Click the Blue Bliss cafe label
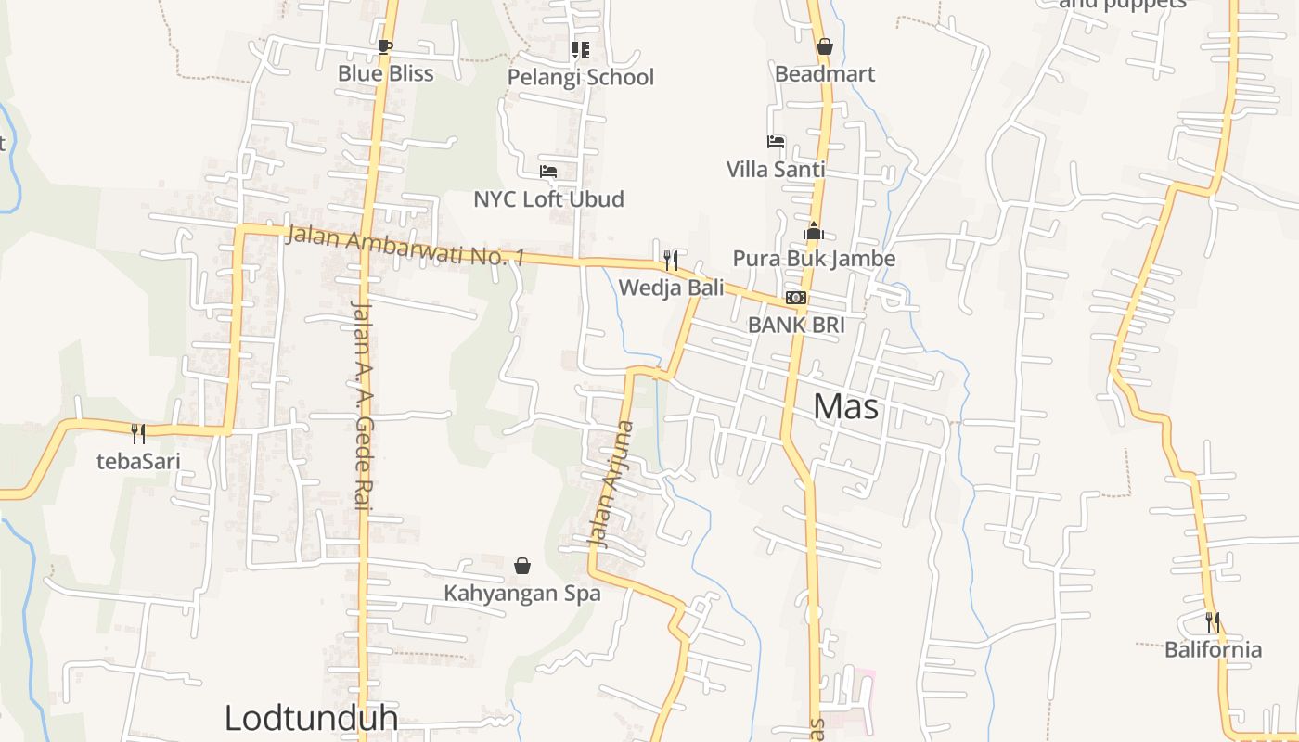pyautogui.click(x=385, y=73)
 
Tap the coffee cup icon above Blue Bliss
pyautogui.click(x=385, y=46)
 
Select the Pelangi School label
pyautogui.click(x=580, y=77)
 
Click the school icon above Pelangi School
pyautogui.click(x=580, y=49)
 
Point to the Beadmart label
pyautogui.click(x=824, y=73)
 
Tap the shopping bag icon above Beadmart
pyautogui.click(x=824, y=46)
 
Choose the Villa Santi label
pyautogui.click(x=775, y=169)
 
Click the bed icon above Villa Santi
pyautogui.click(x=776, y=142)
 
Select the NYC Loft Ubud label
pyautogui.click(x=548, y=199)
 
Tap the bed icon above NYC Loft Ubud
pyautogui.click(x=548, y=172)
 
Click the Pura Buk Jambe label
pyautogui.click(x=814, y=258)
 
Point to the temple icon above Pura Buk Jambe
pyautogui.click(x=814, y=231)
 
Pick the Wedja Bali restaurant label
pyautogui.click(x=671, y=288)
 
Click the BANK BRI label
pyautogui.click(x=796, y=325)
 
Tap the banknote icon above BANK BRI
pyautogui.click(x=796, y=298)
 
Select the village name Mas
pyautogui.click(x=845, y=406)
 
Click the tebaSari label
pyautogui.click(x=138, y=461)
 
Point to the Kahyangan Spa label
pyautogui.click(x=522, y=593)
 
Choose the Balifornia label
pyautogui.click(x=1213, y=648)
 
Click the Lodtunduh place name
pyautogui.click(x=311, y=717)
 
